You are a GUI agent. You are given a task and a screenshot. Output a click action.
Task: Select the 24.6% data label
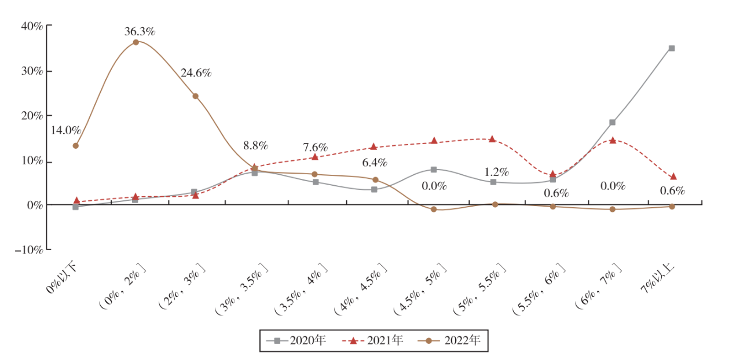click(x=196, y=73)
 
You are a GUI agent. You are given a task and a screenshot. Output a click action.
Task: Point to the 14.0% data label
click(x=65, y=130)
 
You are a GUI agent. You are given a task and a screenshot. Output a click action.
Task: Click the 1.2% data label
click(x=496, y=172)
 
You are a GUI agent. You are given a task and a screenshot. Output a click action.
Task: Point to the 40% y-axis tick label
click(x=32, y=26)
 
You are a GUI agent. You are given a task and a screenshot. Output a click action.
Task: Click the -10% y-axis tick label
click(x=30, y=250)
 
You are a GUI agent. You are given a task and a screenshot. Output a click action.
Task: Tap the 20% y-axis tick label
click(x=32, y=116)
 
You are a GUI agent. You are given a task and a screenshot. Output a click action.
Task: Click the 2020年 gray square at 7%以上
click(x=672, y=48)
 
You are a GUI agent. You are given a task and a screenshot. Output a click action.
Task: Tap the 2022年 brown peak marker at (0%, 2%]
click(x=136, y=42)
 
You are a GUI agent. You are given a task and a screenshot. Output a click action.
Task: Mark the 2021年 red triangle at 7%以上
click(x=673, y=177)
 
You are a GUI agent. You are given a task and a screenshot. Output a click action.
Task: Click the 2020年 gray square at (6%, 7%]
click(x=612, y=123)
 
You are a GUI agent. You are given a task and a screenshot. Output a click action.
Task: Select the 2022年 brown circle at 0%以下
click(x=76, y=146)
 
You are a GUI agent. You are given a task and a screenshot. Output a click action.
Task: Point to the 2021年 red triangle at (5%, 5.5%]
click(x=492, y=139)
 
